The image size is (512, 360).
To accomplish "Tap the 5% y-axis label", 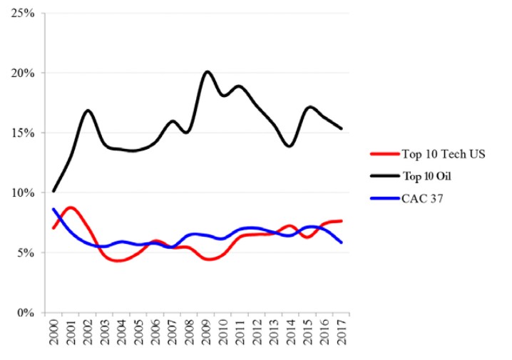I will point(28,252).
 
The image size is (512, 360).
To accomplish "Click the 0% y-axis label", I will point(28,312).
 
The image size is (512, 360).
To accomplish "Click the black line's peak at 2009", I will point(207,71).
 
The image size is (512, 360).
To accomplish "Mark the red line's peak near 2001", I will point(70,207).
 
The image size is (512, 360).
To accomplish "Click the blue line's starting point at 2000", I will point(53,209).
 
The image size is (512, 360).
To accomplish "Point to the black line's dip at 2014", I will point(290,145).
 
